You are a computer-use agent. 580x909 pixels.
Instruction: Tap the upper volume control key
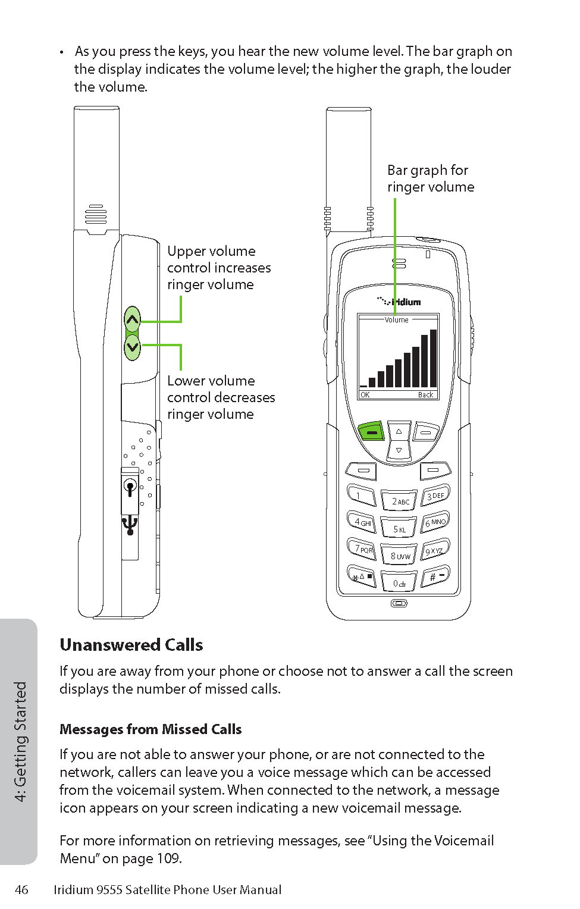[x=132, y=319]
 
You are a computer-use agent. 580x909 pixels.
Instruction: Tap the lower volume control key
[x=132, y=347]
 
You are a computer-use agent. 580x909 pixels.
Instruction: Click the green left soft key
[x=371, y=432]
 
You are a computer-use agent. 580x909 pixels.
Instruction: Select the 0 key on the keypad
[x=399, y=583]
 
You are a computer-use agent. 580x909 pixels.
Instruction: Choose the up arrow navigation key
[x=399, y=431]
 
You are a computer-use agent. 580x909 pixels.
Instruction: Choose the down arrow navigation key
[x=399, y=450]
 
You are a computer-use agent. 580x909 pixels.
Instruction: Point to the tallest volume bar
[x=433, y=358]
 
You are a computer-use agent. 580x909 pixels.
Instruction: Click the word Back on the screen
[x=425, y=395]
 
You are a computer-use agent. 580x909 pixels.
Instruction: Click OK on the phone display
[x=365, y=395]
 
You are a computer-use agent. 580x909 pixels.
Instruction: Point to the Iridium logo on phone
[x=399, y=302]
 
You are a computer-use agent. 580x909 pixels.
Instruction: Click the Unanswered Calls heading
[x=131, y=645]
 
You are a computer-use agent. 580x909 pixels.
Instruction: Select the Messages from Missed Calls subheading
[x=151, y=729]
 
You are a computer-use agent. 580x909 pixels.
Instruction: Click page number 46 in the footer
[x=21, y=890]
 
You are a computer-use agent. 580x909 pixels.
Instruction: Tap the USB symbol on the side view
[x=130, y=525]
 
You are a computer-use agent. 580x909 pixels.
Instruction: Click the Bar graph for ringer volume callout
[x=431, y=178]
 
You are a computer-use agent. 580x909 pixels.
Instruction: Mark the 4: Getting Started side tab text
[x=20, y=741]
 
